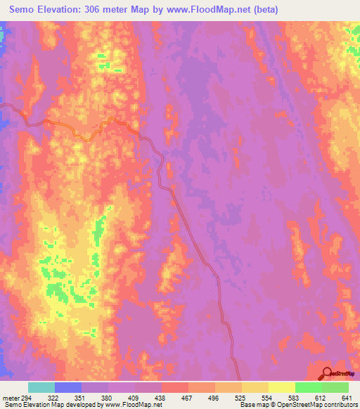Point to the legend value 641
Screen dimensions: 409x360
(x=348, y=397)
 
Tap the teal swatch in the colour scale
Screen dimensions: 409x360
(x=41, y=387)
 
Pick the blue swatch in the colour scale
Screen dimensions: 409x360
(x=68, y=387)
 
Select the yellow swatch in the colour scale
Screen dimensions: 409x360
(x=281, y=387)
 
